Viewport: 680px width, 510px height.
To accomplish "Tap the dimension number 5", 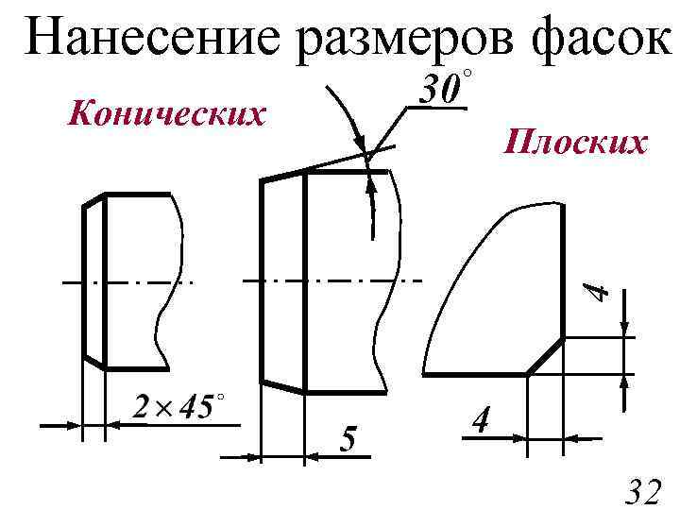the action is coord(348,439).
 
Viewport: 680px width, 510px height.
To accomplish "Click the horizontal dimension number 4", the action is coord(481,419).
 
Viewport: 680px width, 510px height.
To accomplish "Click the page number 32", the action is coord(645,491).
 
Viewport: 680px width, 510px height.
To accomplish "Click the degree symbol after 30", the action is coord(466,75).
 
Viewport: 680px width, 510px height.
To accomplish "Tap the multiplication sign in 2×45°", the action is coord(161,409).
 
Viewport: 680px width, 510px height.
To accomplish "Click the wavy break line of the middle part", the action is coord(387,283).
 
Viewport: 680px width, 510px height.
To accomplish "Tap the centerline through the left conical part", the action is coord(127,282).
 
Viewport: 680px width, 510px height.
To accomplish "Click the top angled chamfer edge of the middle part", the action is coord(282,175).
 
